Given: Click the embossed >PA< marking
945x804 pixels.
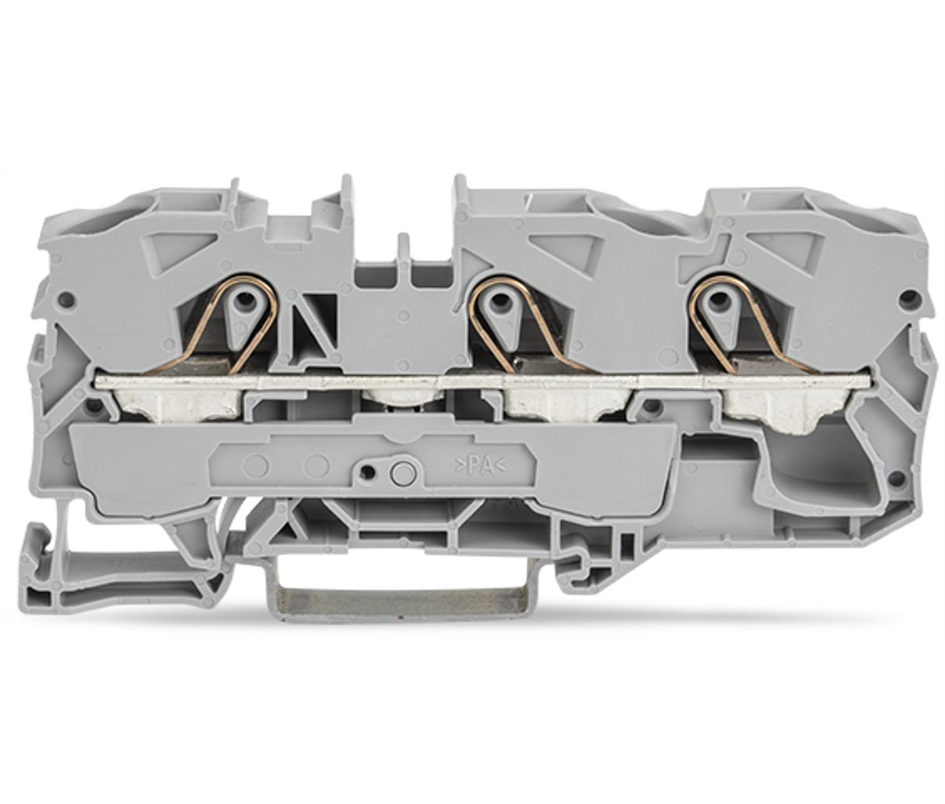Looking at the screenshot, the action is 480,466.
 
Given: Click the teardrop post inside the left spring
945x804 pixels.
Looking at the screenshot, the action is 244,314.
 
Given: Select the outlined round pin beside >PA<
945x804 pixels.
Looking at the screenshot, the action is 400,473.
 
